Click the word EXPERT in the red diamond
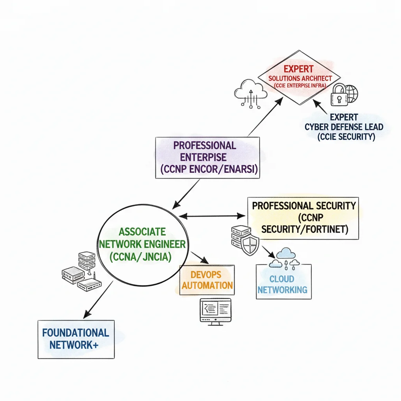(x=298, y=69)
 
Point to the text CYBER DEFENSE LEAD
(x=344, y=127)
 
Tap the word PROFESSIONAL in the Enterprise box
(x=205, y=145)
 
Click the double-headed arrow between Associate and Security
(x=211, y=215)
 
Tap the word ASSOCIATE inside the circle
(x=142, y=231)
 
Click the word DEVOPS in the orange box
(x=206, y=274)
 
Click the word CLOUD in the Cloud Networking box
(x=282, y=279)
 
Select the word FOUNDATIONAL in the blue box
(x=75, y=333)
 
